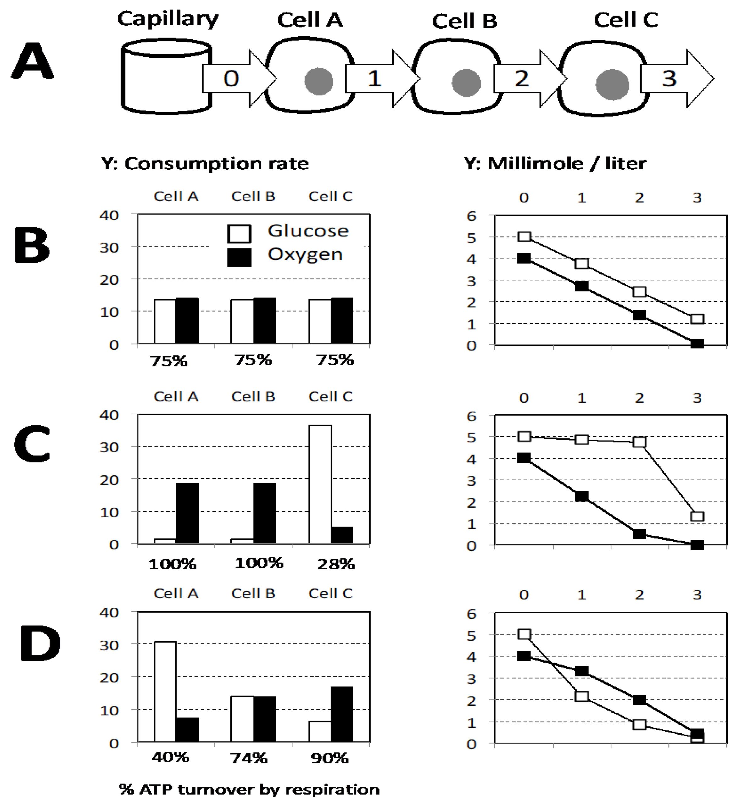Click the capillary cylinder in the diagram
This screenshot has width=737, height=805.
pyautogui.click(x=166, y=77)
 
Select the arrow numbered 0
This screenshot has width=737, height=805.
pyautogui.click(x=239, y=78)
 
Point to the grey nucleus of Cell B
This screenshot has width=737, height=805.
pyautogui.click(x=466, y=83)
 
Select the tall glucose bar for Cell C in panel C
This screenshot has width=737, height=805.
pyautogui.click(x=320, y=484)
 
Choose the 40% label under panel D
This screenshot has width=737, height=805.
pyautogui.click(x=170, y=757)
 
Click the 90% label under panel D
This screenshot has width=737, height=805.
pyautogui.click(x=330, y=758)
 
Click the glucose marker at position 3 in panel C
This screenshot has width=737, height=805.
pyautogui.click(x=697, y=516)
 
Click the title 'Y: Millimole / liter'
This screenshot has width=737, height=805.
pyautogui.click(x=555, y=164)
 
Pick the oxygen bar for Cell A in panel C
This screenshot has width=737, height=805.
pyautogui.click(x=187, y=514)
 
